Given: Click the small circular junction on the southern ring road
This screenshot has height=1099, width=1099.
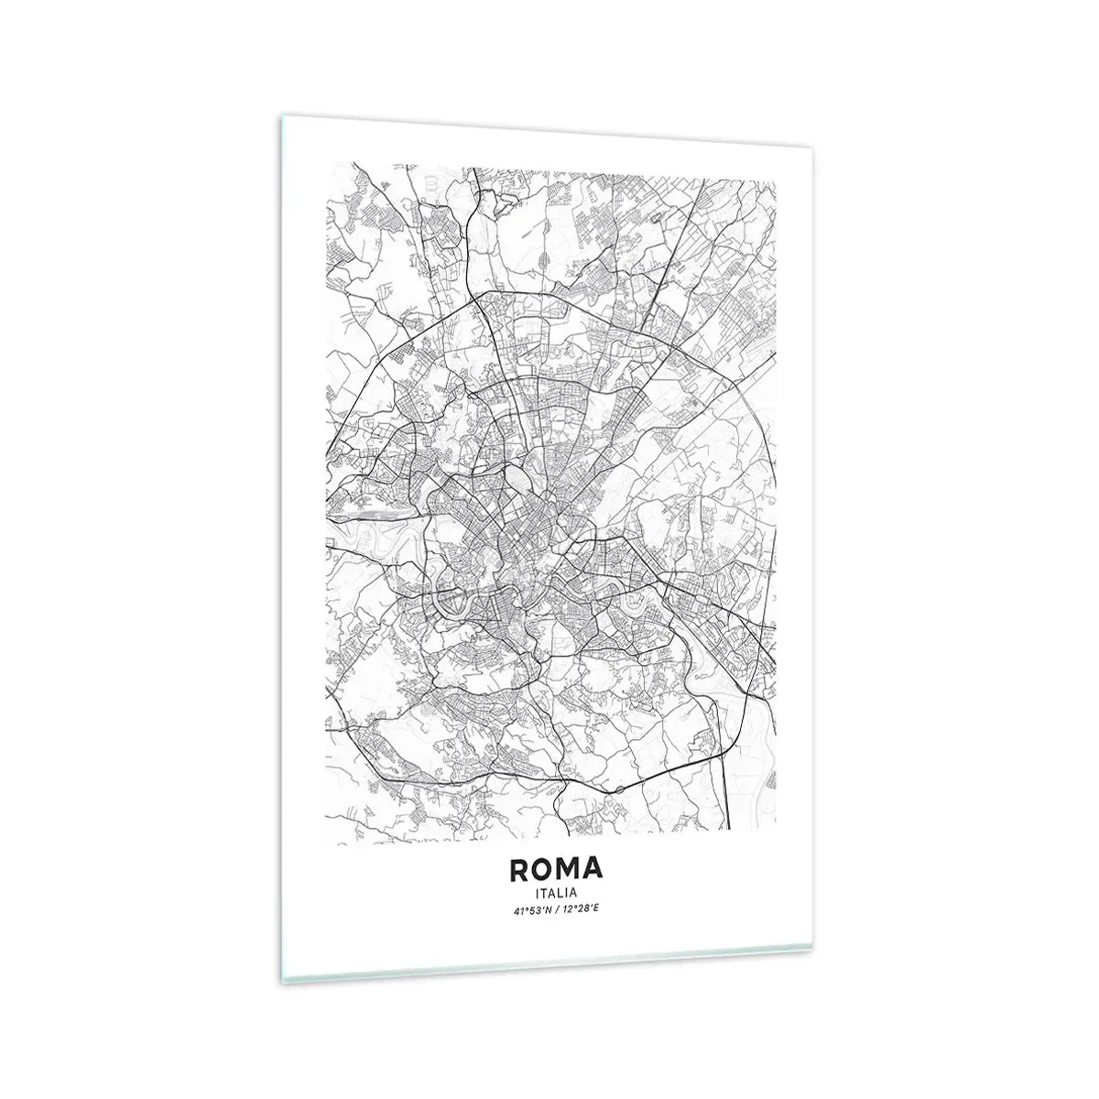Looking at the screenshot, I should pyautogui.click(x=619, y=789).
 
